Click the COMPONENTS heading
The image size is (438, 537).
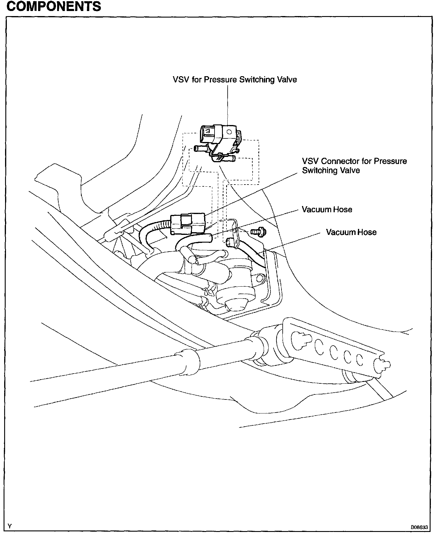(x=54, y=6)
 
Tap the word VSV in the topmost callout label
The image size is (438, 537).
(x=181, y=79)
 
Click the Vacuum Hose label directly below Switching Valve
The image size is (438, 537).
(x=327, y=210)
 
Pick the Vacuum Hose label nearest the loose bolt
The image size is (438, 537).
(x=351, y=232)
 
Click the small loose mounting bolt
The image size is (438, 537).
(x=258, y=231)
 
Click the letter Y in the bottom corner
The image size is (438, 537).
(x=10, y=526)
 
